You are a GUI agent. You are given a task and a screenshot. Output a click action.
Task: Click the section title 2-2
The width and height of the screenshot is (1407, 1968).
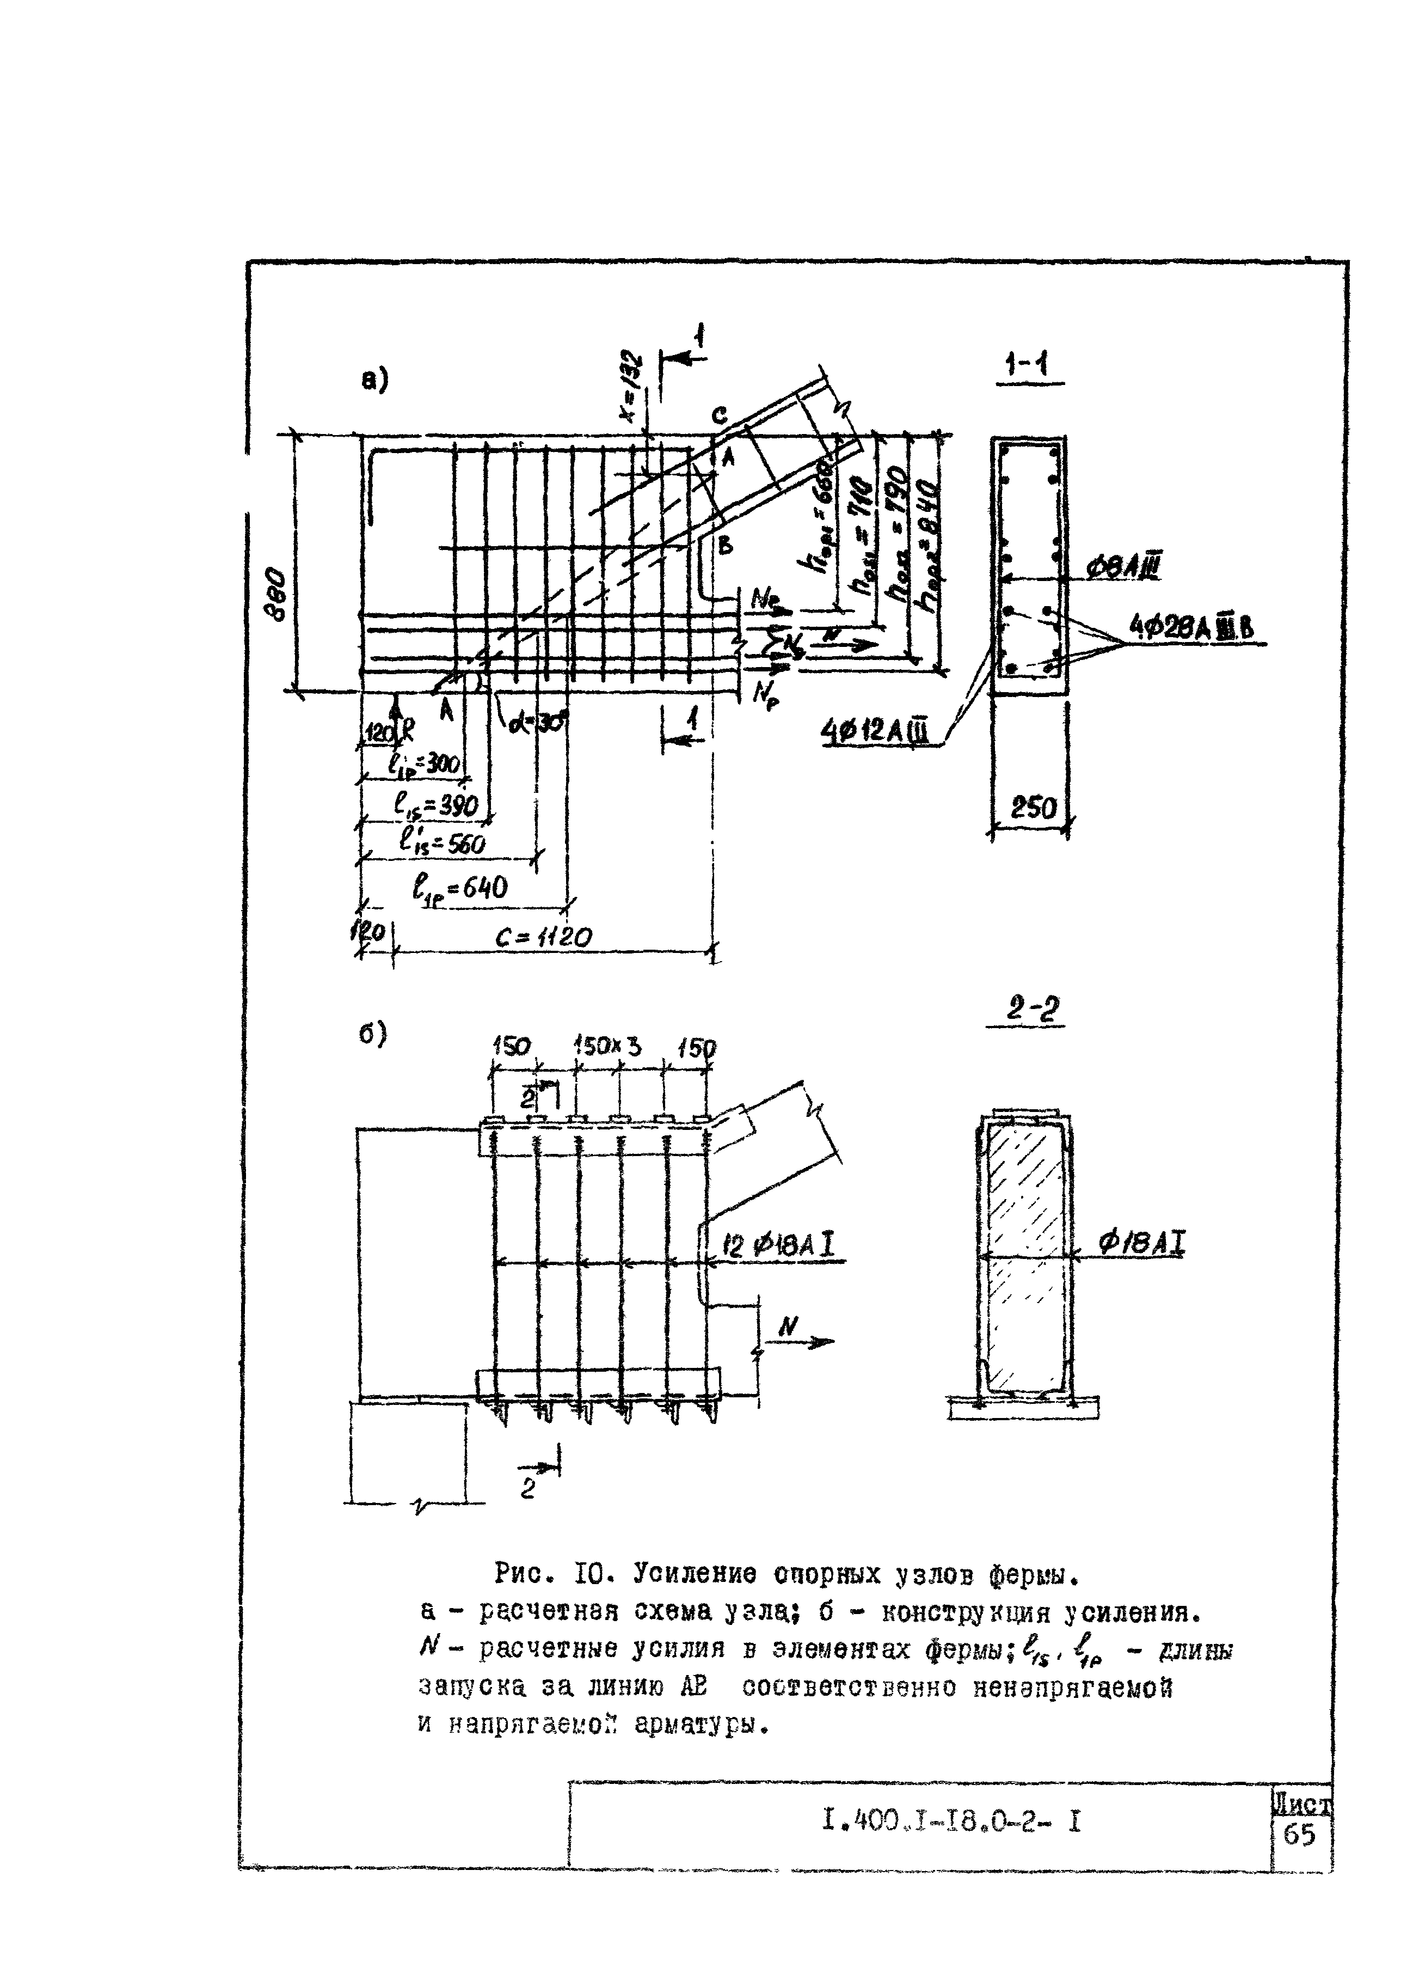[1026, 1010]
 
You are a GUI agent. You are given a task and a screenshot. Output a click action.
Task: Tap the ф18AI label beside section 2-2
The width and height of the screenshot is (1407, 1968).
[1142, 1244]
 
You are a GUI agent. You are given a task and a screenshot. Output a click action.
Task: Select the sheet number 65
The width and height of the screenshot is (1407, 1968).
[1300, 1835]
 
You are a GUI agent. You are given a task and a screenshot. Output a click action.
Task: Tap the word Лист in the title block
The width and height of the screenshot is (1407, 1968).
[1301, 1804]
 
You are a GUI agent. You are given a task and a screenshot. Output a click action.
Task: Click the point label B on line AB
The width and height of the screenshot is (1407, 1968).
[725, 545]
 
